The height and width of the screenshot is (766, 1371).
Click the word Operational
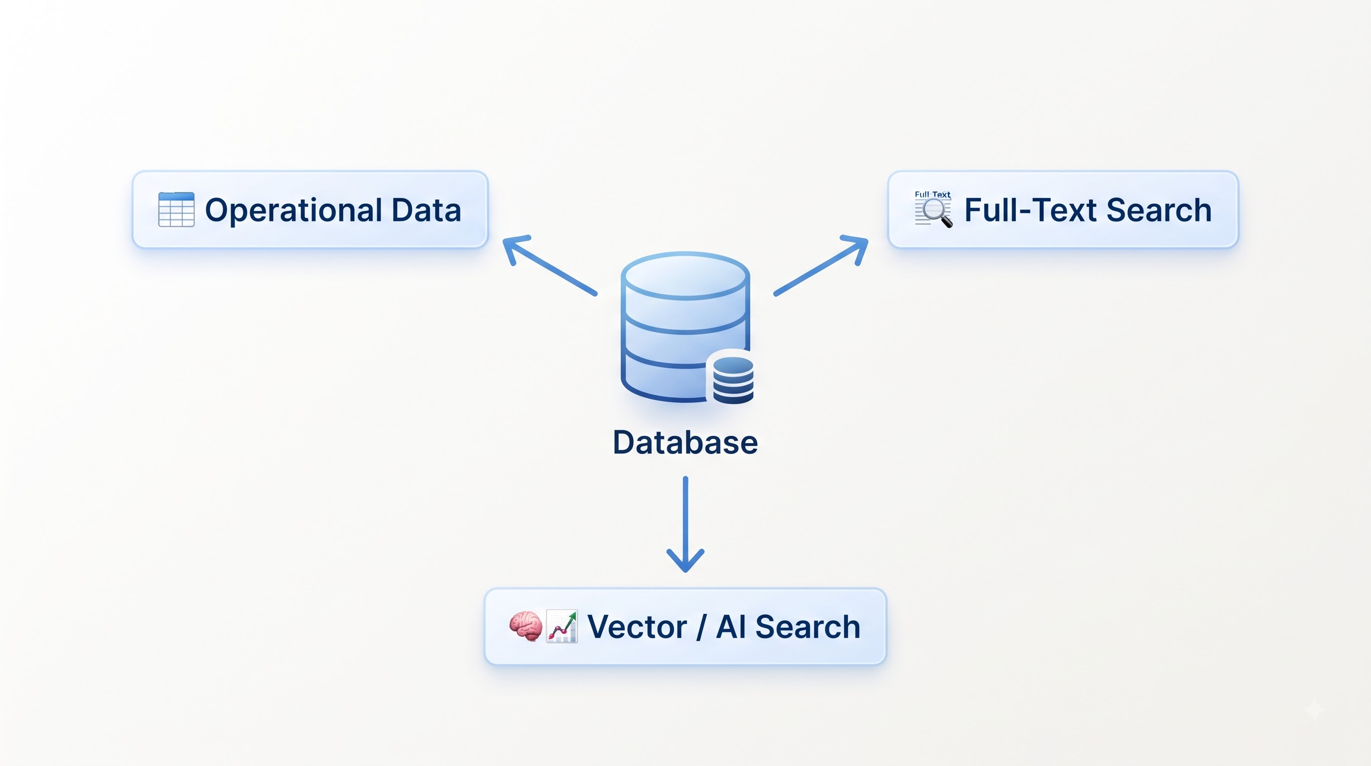(x=293, y=211)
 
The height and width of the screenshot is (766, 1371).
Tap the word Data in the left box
(x=426, y=210)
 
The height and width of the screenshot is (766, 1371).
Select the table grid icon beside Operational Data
(x=176, y=209)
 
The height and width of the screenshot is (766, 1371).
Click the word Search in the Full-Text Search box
(x=1159, y=210)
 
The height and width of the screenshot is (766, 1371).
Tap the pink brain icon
(x=526, y=626)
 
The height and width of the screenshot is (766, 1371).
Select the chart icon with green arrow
(x=562, y=626)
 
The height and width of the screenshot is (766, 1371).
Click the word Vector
(x=637, y=627)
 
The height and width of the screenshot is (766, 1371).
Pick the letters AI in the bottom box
(x=730, y=627)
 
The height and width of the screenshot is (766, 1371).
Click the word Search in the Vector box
(x=808, y=627)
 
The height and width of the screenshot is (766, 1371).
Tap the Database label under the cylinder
(x=685, y=442)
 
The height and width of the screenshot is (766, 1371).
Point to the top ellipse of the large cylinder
(x=685, y=276)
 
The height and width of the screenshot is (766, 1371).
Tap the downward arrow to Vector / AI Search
(x=685, y=524)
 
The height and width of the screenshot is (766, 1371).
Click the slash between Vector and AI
(x=701, y=627)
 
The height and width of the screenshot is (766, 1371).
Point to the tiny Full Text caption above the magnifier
(x=933, y=194)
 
